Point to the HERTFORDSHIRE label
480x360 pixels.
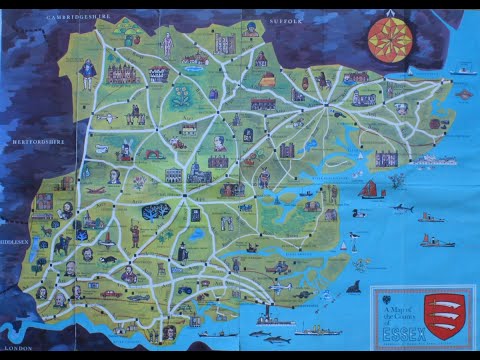click(x=37, y=142)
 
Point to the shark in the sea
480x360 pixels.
click(x=402, y=208)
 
